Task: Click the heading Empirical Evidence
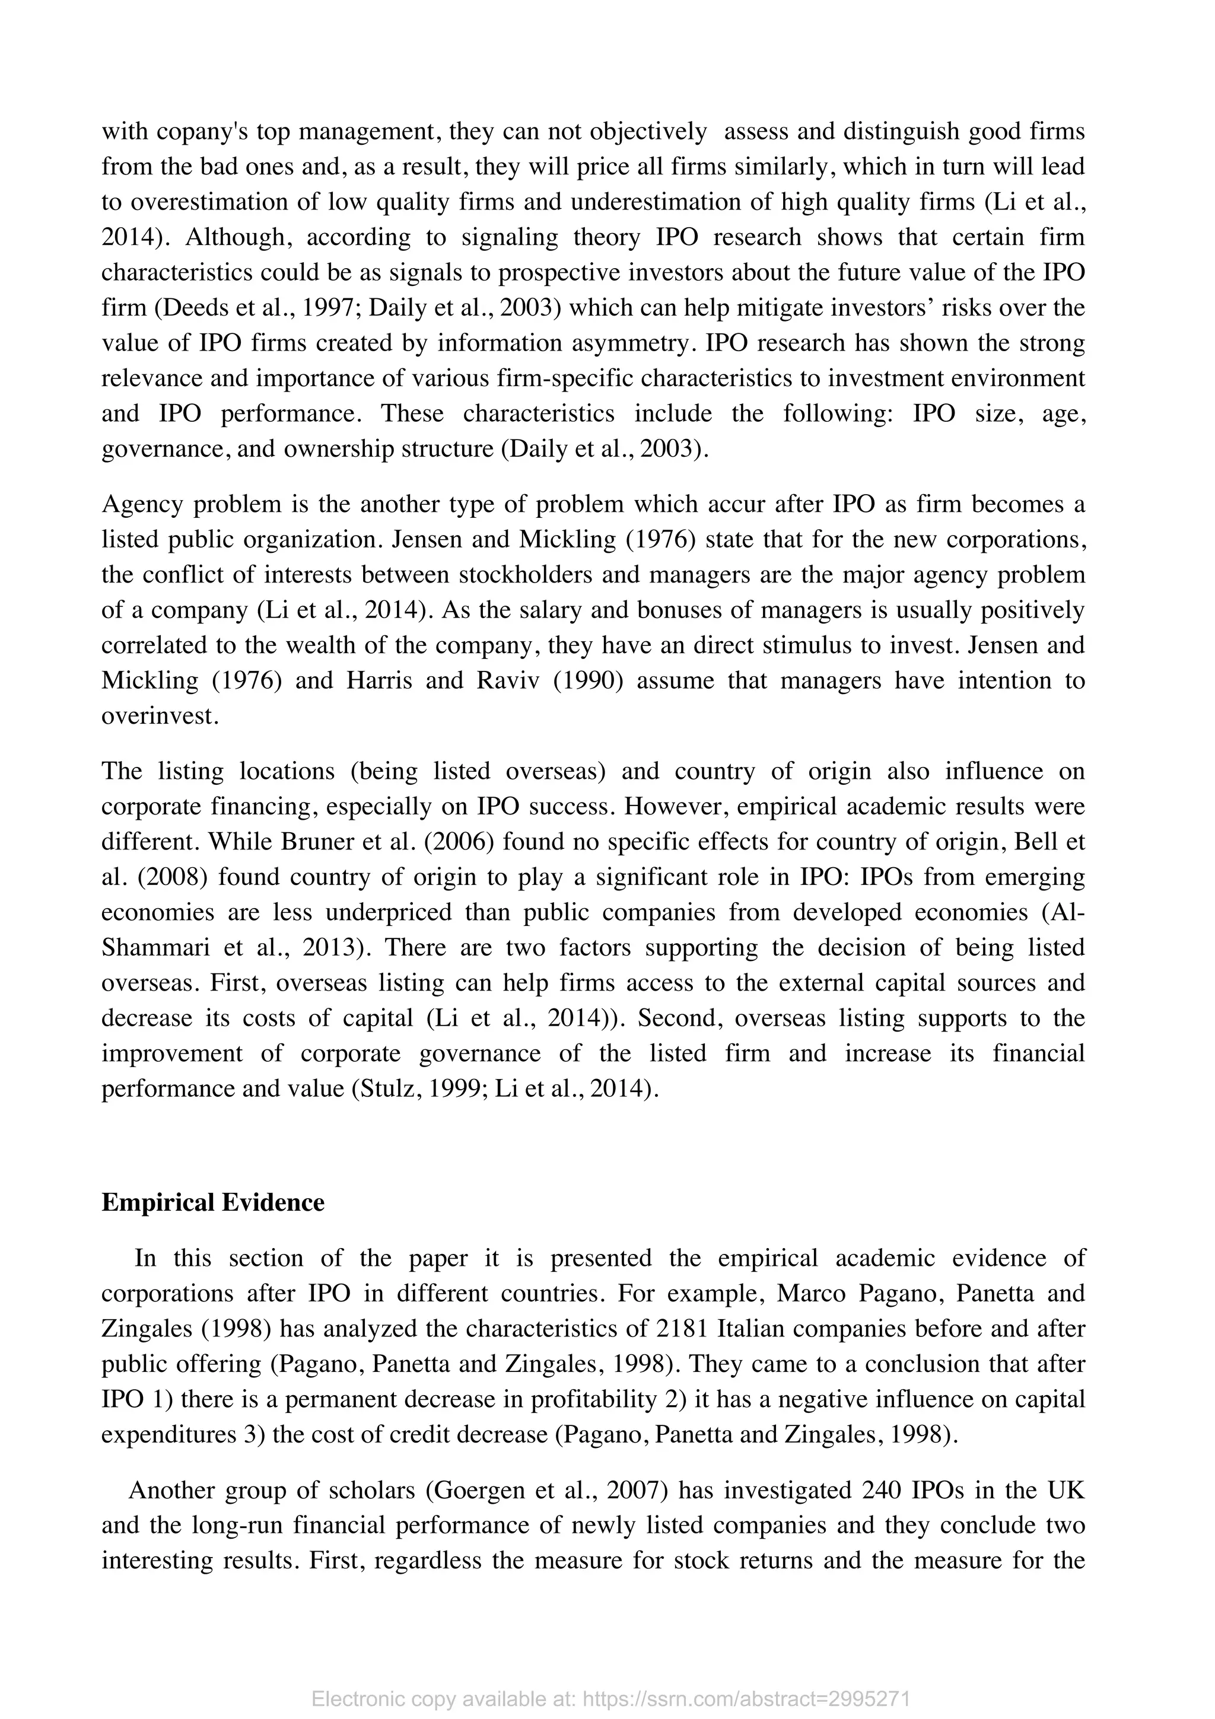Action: (212, 1202)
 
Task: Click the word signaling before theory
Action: (510, 237)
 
